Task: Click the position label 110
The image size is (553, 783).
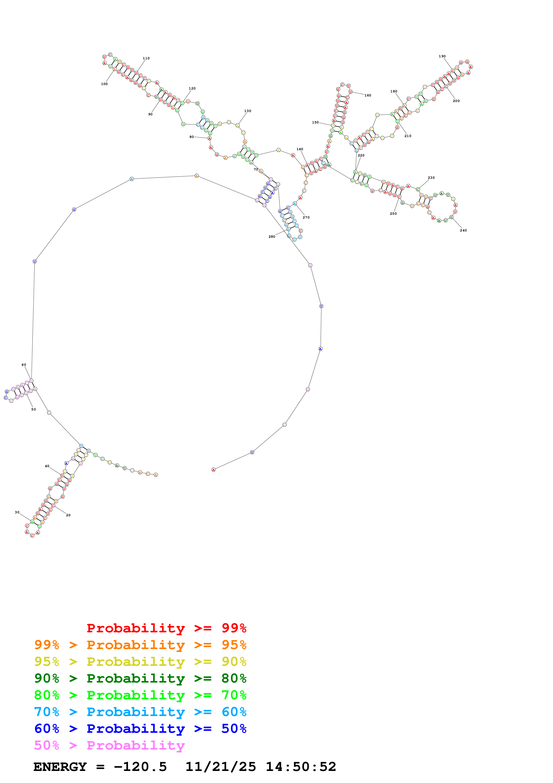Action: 146,58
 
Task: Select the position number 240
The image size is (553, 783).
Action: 463,231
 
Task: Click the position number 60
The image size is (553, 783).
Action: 24,365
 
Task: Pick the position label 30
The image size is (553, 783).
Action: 17,512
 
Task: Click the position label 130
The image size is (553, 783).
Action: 247,111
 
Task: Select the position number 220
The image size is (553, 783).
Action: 361,156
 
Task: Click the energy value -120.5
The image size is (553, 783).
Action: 140,767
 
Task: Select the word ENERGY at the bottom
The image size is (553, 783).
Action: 60,767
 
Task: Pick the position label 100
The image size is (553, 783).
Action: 104,84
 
